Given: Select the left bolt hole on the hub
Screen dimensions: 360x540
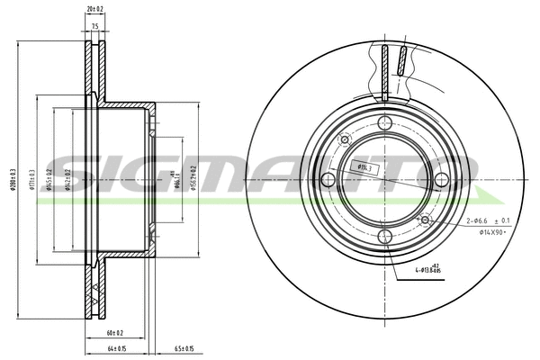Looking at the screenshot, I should click(x=329, y=180).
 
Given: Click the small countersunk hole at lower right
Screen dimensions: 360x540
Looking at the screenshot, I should click(x=425, y=219).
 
